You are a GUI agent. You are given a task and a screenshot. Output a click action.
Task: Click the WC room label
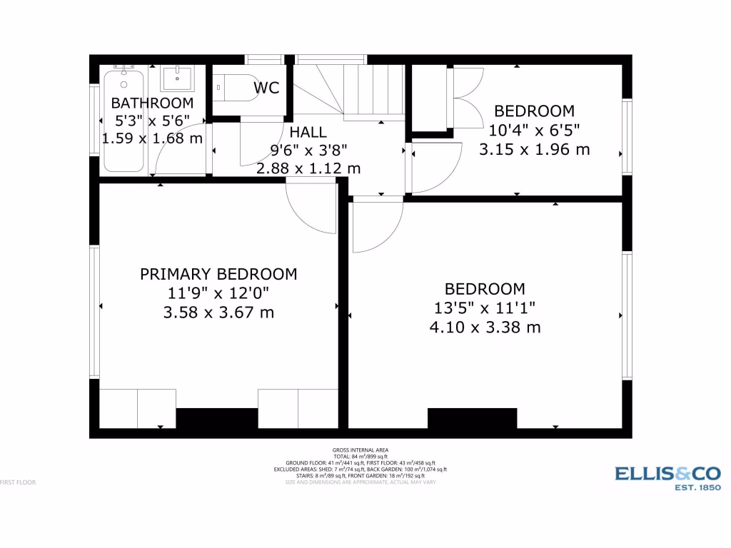click(x=266, y=88)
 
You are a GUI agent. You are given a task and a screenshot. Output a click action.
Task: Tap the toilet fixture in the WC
click(x=235, y=87)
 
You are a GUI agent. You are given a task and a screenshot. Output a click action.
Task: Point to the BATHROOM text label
click(x=152, y=103)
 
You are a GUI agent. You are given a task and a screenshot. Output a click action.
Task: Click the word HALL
click(x=308, y=132)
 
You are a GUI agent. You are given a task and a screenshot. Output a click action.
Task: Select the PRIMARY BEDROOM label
click(x=218, y=274)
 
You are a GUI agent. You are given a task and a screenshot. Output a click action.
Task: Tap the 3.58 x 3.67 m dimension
click(x=218, y=313)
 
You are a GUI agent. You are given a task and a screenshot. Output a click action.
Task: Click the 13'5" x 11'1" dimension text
click(x=485, y=308)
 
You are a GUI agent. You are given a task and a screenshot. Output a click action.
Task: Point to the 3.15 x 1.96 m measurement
click(x=534, y=150)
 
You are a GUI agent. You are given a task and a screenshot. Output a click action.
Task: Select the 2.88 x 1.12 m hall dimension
click(x=308, y=169)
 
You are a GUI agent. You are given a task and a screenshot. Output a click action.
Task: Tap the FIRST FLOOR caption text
click(x=18, y=482)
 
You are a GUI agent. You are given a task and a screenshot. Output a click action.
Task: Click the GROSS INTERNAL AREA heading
click(x=361, y=450)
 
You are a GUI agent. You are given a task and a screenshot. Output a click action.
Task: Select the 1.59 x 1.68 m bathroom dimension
click(x=152, y=138)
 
